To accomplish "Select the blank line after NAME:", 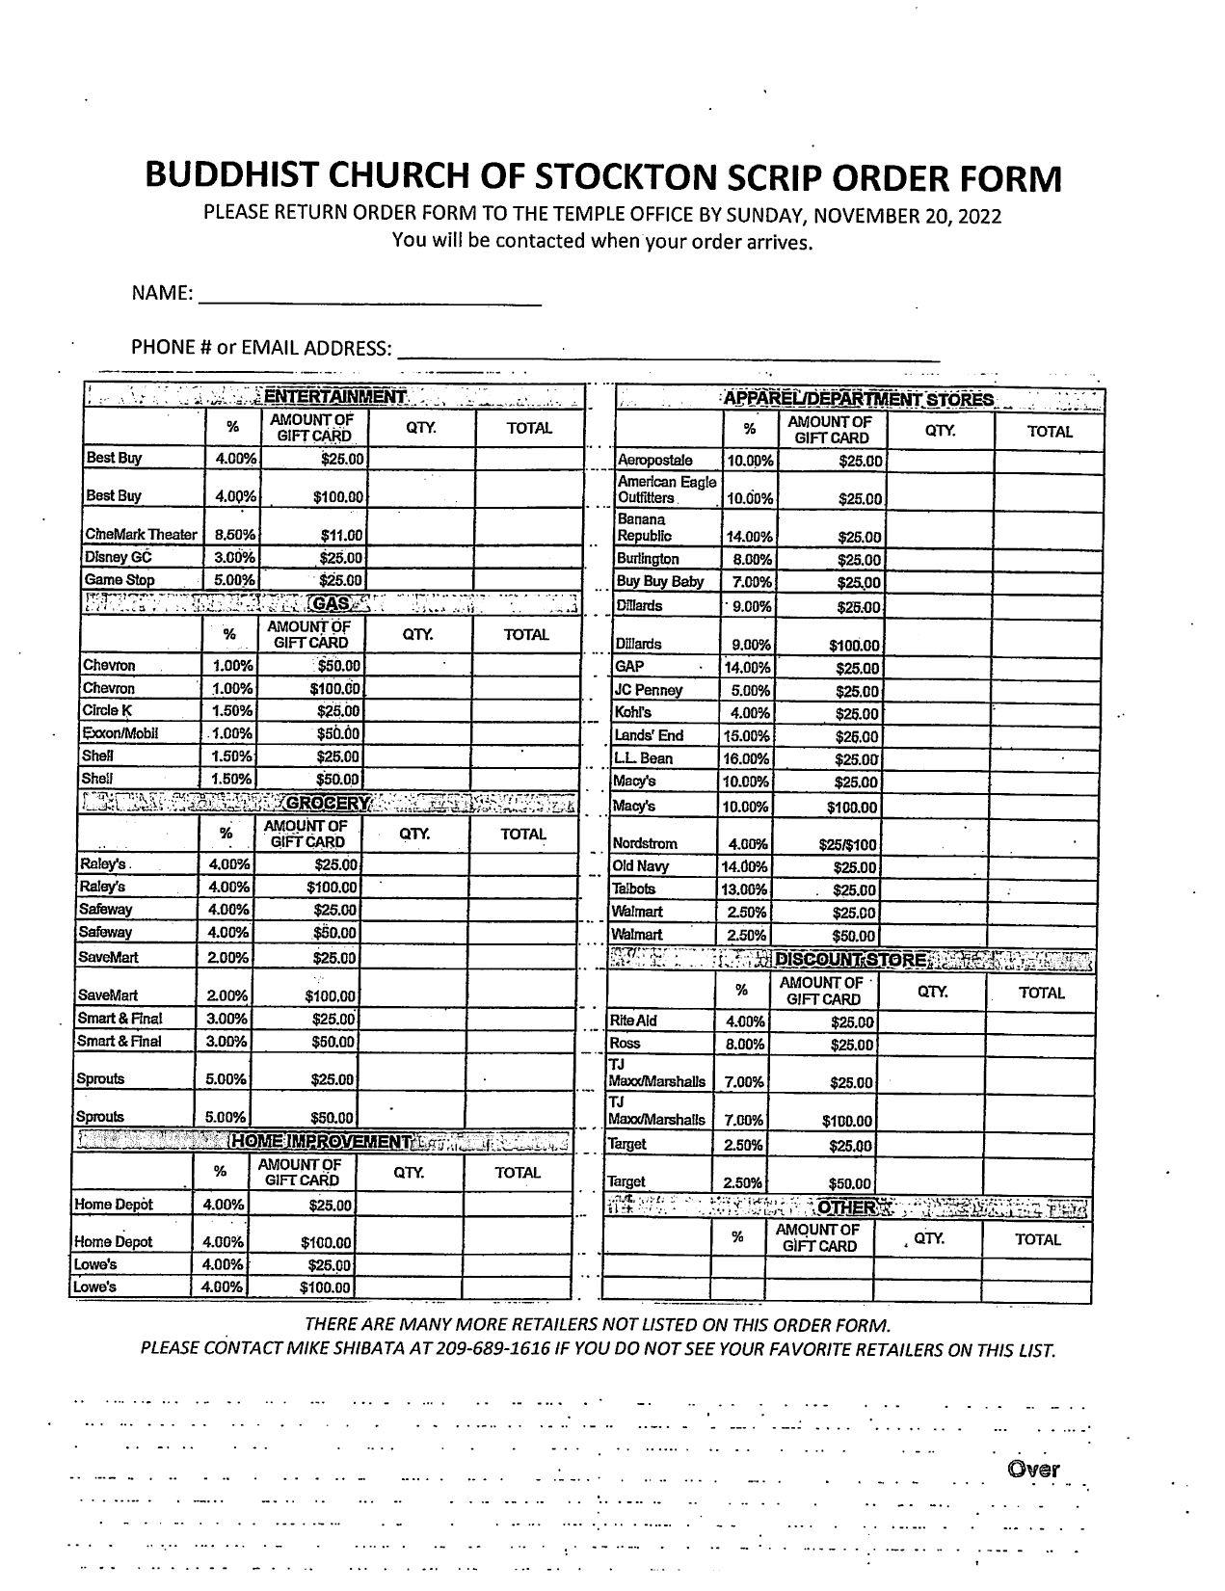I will [369, 297].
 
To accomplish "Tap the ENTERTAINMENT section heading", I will [334, 397].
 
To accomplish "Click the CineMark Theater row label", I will [141, 535].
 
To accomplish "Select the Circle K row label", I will [107, 711].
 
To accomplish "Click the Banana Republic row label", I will [644, 528].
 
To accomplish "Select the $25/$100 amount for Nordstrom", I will [847, 845].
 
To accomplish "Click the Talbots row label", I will [633, 889].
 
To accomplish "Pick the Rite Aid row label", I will [632, 1021].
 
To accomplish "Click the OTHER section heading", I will [845, 1207].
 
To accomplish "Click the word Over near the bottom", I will [1033, 1470].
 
